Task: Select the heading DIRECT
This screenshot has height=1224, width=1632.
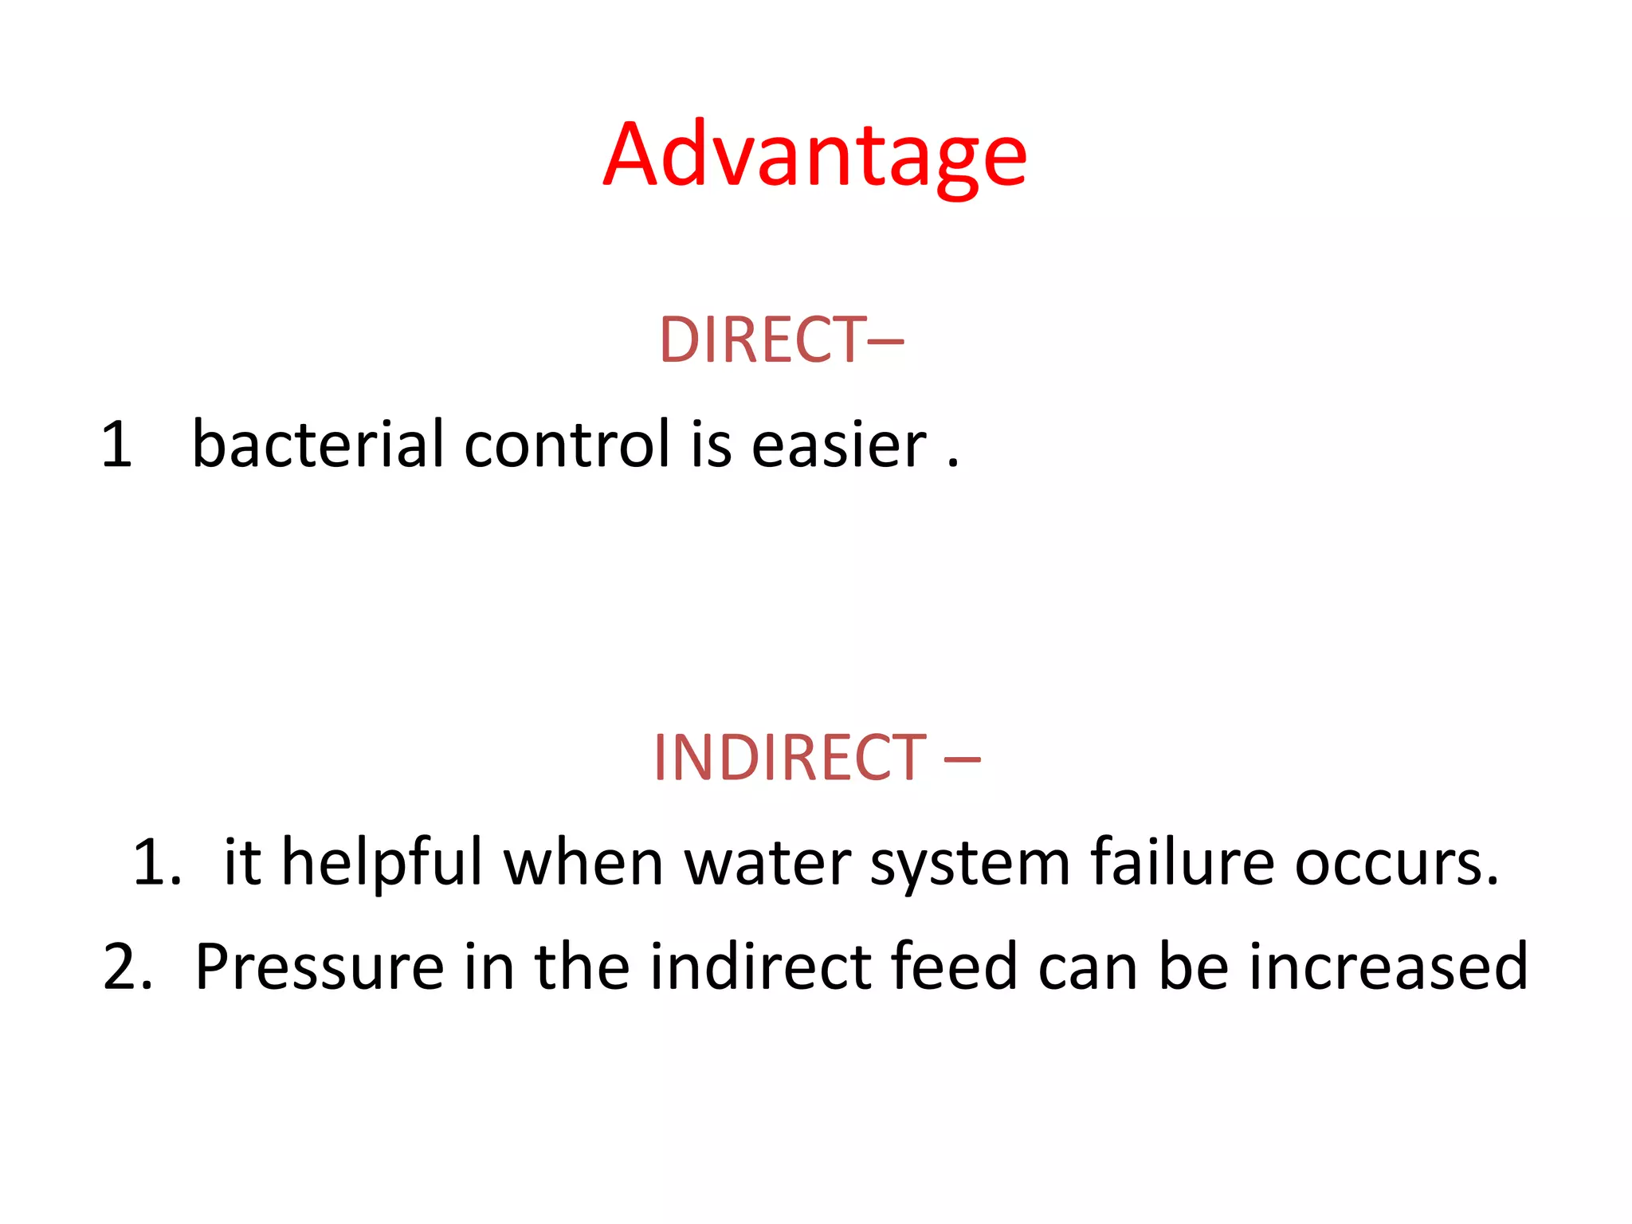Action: (x=762, y=340)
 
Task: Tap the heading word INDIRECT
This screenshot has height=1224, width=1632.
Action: (x=789, y=757)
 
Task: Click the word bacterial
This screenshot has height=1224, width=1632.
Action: (x=317, y=444)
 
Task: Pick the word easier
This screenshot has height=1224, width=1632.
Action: (x=839, y=444)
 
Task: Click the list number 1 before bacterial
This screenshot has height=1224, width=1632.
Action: (x=116, y=445)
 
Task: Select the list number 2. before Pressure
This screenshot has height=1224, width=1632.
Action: (x=127, y=967)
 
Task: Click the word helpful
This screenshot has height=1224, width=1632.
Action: (x=382, y=862)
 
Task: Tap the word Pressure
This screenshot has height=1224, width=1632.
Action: (x=319, y=967)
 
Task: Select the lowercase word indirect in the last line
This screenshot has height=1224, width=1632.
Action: (x=761, y=966)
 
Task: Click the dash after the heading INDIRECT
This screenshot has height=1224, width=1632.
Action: (x=962, y=759)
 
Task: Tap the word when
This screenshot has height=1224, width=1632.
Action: (x=583, y=862)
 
